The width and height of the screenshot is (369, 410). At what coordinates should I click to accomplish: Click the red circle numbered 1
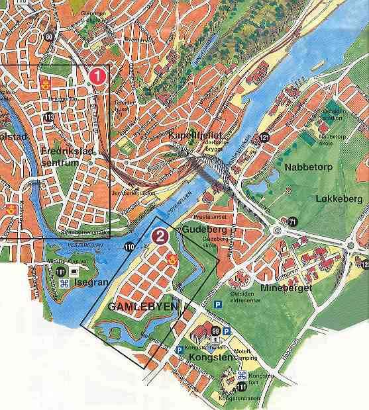pos(98,75)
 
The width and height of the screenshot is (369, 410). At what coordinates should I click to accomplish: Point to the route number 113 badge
pos(49,117)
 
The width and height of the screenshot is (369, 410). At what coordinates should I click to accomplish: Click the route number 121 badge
pos(264,138)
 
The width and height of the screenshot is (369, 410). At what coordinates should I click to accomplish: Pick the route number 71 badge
pos(292,221)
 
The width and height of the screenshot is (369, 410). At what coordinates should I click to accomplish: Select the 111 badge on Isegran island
pos(61,272)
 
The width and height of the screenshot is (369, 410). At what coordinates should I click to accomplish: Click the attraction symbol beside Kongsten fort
pos(241,376)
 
